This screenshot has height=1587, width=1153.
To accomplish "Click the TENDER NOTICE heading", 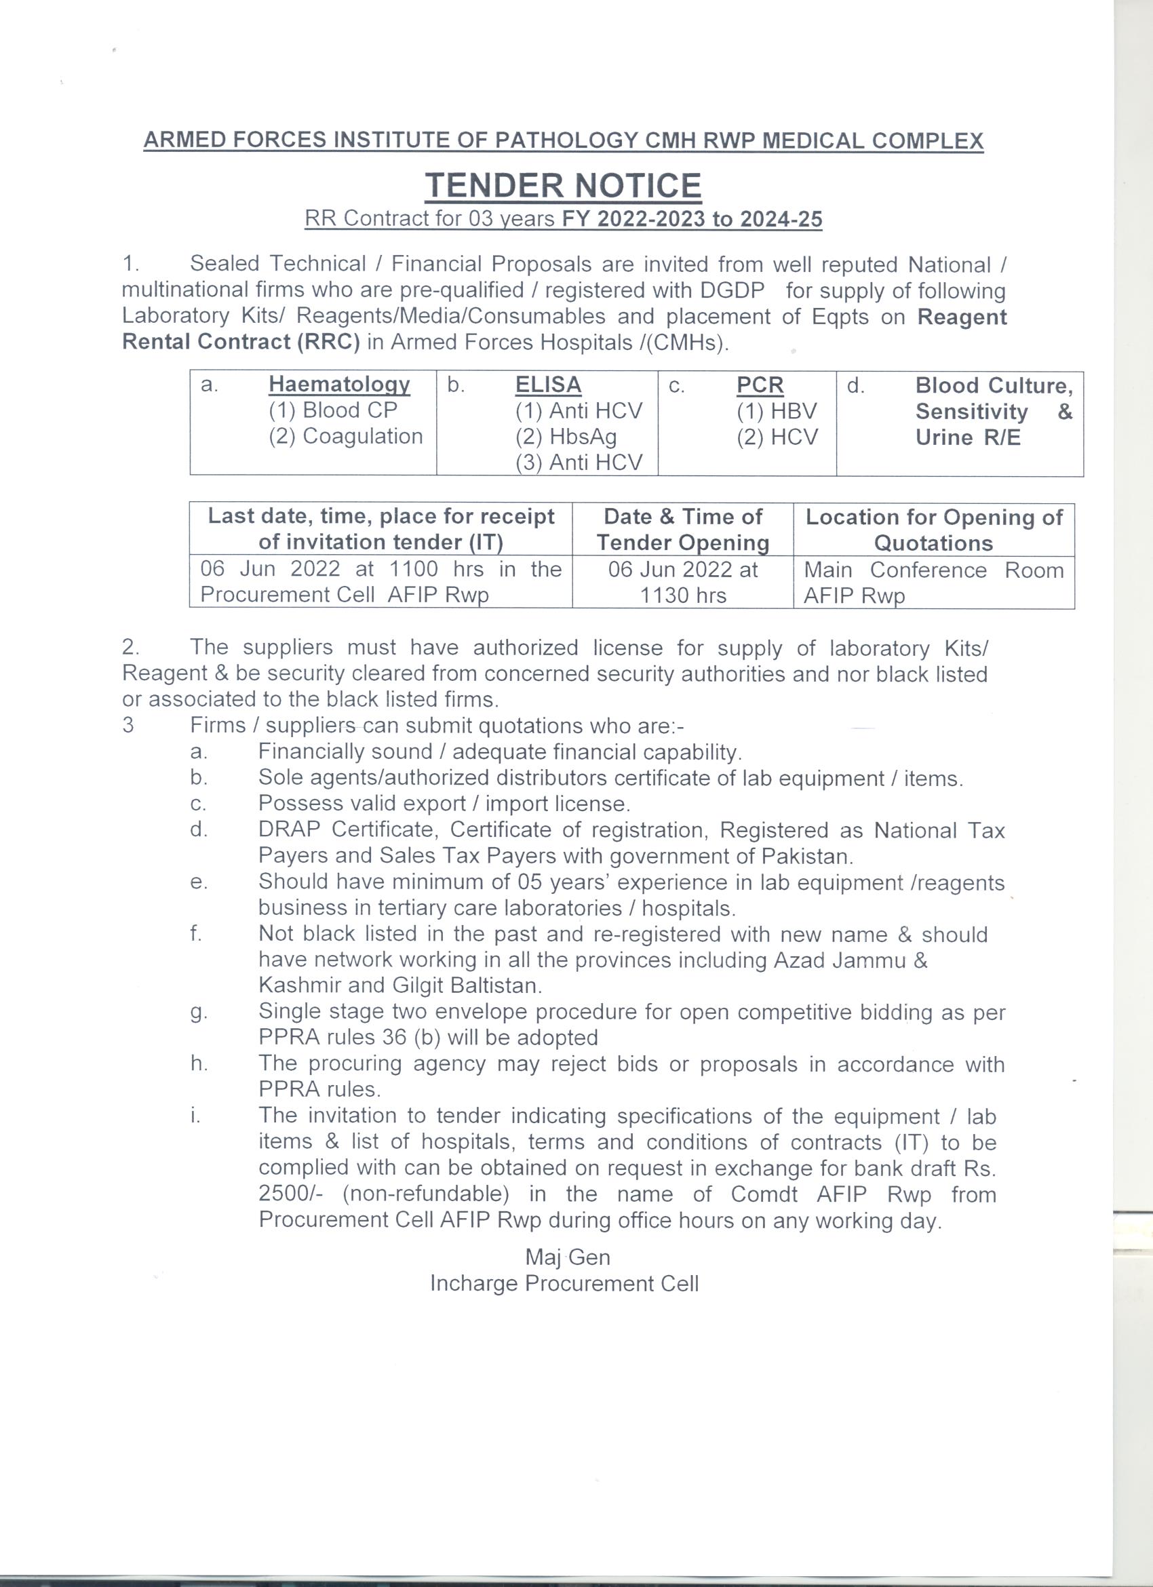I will [x=563, y=186].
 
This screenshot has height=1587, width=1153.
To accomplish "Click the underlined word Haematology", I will [x=339, y=385].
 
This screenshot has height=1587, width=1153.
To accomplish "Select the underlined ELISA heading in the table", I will [x=548, y=385].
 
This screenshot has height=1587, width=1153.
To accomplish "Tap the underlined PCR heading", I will [x=760, y=385].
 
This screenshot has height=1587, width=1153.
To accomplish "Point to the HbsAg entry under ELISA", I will [x=566, y=437].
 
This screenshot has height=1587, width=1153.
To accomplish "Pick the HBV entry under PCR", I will [x=777, y=411].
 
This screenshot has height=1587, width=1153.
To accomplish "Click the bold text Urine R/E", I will [x=968, y=438].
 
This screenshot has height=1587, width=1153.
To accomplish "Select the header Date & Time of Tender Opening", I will [x=683, y=530].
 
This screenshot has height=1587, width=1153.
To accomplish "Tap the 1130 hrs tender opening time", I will [x=683, y=595].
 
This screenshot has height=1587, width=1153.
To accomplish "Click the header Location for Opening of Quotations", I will [x=933, y=530].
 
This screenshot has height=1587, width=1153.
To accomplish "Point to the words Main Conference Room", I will [x=933, y=570].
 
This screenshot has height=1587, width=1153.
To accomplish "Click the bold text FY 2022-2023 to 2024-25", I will [x=692, y=220].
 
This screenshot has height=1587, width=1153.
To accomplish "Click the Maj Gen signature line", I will [x=568, y=1257].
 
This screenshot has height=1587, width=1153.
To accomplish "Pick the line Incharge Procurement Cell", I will [x=564, y=1283].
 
